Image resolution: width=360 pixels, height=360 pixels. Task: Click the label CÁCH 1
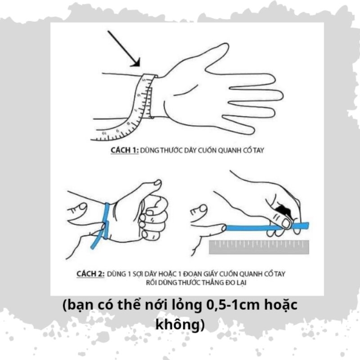pyautogui.click(x=124, y=150)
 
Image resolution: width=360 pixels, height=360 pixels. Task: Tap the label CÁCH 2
pyautogui.click(x=90, y=274)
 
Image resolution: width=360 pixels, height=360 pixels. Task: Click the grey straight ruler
pyautogui.click(x=260, y=246)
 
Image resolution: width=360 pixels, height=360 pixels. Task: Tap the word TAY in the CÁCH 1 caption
pyautogui.click(x=257, y=150)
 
